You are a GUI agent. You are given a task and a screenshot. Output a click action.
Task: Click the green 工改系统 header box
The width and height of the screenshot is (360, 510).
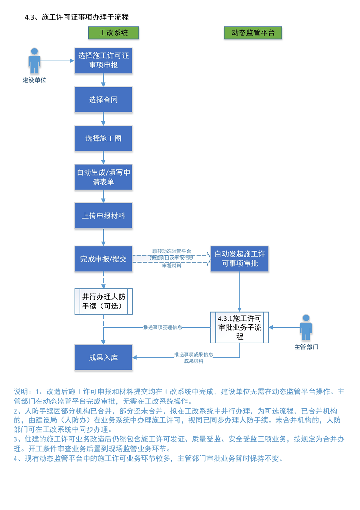[113, 33]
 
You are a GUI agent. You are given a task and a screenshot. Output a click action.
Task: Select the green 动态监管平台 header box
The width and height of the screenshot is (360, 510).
[253, 33]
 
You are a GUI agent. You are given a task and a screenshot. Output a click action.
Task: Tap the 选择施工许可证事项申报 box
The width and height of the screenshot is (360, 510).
[104, 60]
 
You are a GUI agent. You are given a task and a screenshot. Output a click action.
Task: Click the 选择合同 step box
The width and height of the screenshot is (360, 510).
[104, 100]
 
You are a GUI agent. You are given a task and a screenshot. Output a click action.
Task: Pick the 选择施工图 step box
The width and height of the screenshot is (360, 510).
[104, 138]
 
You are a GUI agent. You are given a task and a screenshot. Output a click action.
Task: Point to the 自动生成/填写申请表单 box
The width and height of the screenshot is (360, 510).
[104, 177]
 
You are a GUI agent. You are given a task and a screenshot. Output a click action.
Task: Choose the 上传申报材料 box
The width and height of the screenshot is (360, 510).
[104, 216]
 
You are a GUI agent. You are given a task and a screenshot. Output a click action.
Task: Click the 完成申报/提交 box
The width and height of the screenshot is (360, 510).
[104, 259]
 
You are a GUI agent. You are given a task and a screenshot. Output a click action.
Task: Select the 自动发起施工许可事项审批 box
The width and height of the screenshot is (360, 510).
[240, 258]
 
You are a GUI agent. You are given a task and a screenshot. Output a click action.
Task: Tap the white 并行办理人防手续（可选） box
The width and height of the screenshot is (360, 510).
[104, 301]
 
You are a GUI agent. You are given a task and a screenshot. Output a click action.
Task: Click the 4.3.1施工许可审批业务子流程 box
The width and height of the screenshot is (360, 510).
[240, 327]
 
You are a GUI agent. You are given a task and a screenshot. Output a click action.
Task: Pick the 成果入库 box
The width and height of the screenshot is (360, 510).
[104, 357]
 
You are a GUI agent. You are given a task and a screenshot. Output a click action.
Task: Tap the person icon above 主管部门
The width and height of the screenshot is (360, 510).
[306, 327]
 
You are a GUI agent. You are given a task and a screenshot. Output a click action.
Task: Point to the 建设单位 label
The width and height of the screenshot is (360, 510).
[35, 80]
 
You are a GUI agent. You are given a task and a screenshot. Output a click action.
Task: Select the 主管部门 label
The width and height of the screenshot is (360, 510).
[306, 347]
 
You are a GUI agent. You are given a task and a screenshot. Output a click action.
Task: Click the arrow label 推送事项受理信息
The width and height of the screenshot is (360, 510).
[162, 327]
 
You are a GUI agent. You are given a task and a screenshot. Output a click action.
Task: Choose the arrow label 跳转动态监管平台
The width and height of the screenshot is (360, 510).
[171, 251]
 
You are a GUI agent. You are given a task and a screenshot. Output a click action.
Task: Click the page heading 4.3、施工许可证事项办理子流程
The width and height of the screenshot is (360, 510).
[77, 17]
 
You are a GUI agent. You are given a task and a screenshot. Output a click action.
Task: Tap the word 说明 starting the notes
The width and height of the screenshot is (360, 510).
[21, 392]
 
